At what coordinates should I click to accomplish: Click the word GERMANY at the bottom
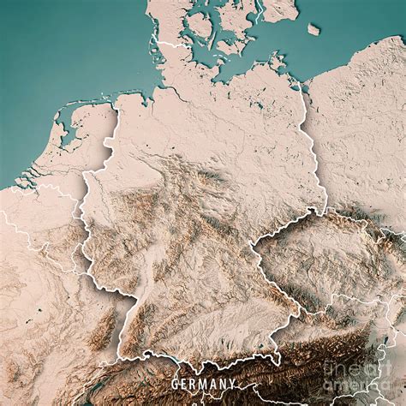click(x=203, y=384)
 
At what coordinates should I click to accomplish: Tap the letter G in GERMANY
click(x=176, y=384)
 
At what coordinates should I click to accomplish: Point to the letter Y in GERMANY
click(x=231, y=384)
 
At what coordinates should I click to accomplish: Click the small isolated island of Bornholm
click(x=313, y=29)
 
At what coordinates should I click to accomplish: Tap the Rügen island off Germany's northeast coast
click(x=277, y=62)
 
